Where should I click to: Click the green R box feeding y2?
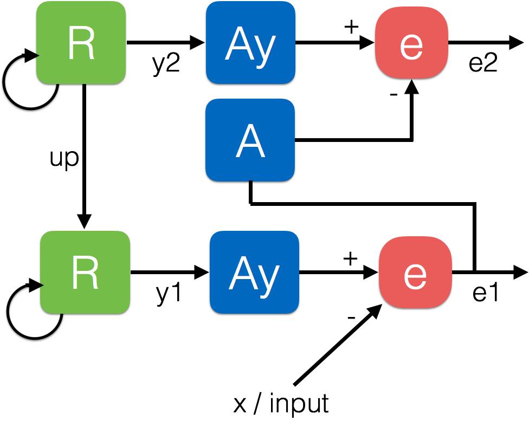pos(81,43)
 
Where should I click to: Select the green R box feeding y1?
pos(85,272)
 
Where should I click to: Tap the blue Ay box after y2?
pos(250,43)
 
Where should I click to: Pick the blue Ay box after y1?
pos(254,272)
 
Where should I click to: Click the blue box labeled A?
pos(250,140)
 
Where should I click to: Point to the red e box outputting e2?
pos(411,43)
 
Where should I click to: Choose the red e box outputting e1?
pos(415,272)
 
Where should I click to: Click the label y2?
pos(166,64)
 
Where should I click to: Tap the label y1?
pos(169,294)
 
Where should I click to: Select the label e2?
pos(483,63)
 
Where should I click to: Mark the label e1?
pos(486,293)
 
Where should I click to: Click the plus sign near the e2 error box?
pos(351,27)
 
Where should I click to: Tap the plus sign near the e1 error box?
pos(350,259)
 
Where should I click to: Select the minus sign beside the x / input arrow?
pos(351,318)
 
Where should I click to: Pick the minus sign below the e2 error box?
pos(393,95)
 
